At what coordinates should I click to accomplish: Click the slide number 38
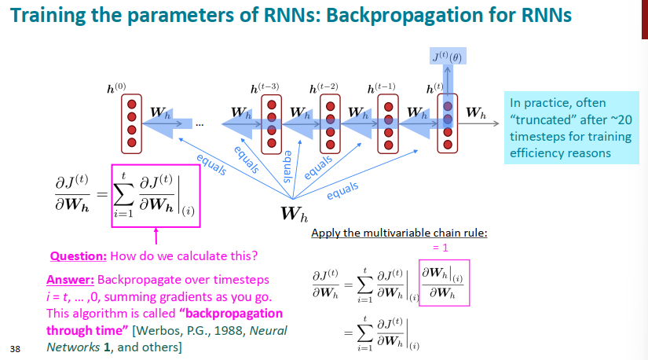point(15,347)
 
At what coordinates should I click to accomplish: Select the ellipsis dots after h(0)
point(198,123)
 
